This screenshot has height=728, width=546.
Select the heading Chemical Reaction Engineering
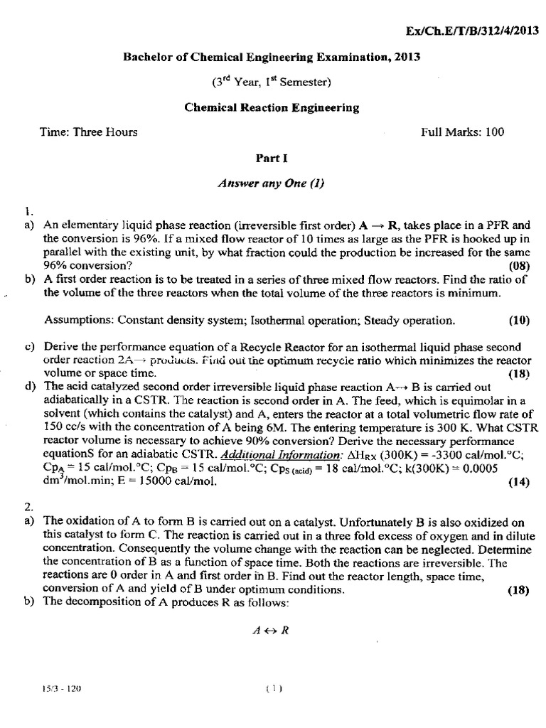[272, 108]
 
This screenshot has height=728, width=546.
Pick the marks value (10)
[519, 320]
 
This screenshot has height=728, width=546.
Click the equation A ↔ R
[272, 630]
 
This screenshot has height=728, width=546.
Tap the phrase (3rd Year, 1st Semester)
[272, 82]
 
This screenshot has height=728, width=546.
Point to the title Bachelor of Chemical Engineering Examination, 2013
[272, 58]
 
